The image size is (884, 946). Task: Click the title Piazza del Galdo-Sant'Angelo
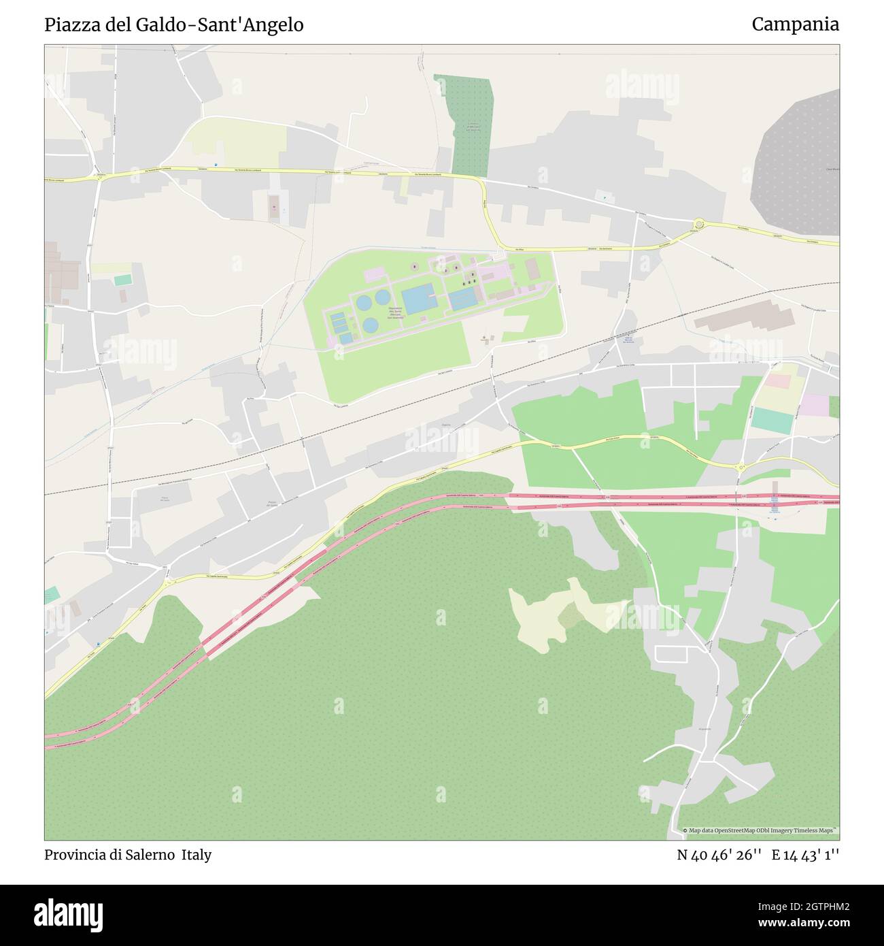(174, 25)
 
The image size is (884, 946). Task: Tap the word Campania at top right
(795, 25)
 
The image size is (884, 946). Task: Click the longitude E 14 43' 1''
(805, 855)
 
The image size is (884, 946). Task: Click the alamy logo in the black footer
(69, 914)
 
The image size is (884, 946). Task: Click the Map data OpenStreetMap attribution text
(760, 830)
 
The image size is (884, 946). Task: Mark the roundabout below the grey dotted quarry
(698, 224)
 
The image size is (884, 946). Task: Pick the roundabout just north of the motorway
(741, 467)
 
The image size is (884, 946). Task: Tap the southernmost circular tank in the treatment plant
(370, 325)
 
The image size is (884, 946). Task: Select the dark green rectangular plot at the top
(471, 125)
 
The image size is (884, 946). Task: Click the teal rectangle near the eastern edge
(772, 421)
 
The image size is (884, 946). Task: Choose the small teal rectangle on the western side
(123, 280)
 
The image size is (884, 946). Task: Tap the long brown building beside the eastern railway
(744, 317)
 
